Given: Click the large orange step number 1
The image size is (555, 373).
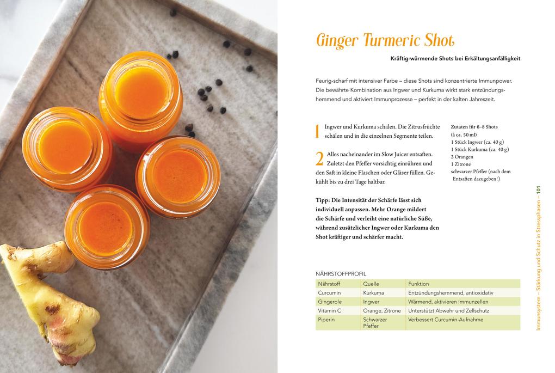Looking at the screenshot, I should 318,131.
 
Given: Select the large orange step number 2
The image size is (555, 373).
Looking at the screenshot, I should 319,159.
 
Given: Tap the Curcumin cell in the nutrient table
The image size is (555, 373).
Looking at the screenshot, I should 329,292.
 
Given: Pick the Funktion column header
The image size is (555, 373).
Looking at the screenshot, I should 418,284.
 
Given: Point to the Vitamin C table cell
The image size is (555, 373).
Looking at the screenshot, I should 329,310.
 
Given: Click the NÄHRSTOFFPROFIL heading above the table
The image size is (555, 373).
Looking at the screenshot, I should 341,273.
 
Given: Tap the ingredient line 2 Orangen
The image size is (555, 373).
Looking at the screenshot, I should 462,156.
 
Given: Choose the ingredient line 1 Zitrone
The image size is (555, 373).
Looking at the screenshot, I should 461,164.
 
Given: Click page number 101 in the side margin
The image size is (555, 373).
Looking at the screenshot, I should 538,192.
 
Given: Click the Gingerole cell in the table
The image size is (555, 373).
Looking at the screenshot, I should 330,302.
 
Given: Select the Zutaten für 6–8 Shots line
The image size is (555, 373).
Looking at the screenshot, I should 474,126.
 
